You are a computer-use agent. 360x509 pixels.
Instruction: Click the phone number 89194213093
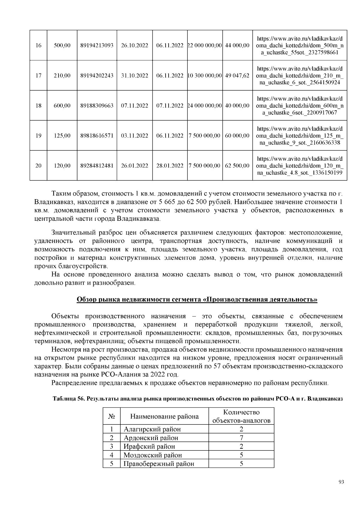tap(97, 46)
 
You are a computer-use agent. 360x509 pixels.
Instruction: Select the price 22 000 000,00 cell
tap(205, 46)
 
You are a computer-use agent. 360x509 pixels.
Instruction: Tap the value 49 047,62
tap(237, 76)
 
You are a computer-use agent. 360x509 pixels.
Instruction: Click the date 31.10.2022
tap(134, 76)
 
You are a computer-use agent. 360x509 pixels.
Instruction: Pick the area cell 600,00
tap(62, 106)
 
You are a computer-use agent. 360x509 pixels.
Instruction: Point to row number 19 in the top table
tap(38, 136)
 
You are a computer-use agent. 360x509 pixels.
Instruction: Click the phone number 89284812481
tap(97, 166)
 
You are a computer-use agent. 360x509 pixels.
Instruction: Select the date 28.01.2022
tap(170, 166)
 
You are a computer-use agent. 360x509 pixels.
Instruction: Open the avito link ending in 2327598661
tap(300, 46)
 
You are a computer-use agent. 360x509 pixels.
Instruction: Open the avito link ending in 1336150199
tap(300, 166)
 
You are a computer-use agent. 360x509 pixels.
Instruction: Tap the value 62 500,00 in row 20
tap(237, 166)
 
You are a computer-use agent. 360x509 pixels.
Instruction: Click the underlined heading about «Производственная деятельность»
tap(197, 299)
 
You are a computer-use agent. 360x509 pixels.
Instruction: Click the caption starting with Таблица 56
tap(197, 399)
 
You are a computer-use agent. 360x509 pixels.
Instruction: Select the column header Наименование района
tap(164, 416)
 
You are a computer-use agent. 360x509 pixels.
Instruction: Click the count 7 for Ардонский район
tap(241, 438)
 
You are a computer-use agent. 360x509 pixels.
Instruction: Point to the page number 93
tap(341, 482)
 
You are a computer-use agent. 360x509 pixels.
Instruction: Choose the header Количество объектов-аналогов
tap(241, 416)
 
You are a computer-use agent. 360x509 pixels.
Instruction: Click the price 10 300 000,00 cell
tap(205, 76)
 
